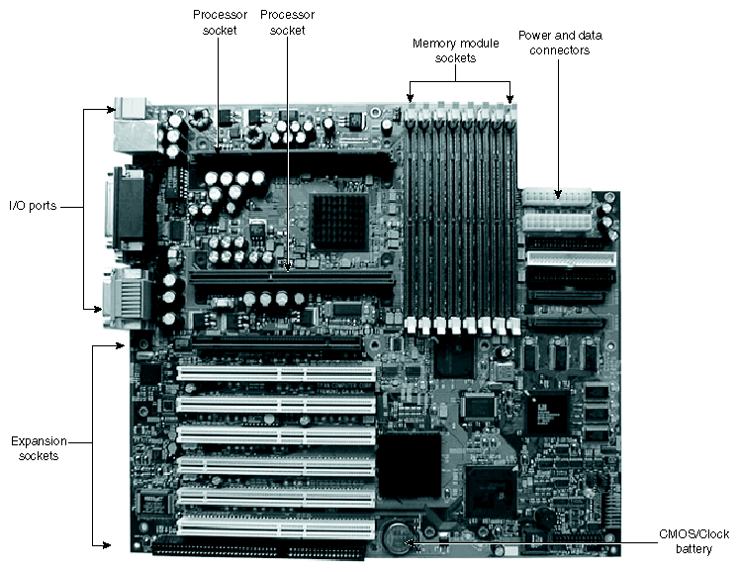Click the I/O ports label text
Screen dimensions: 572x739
click(x=33, y=206)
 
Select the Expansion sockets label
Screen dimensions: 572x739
click(x=35, y=447)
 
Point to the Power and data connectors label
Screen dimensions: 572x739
click(x=560, y=43)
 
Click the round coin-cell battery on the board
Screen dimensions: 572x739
click(x=398, y=537)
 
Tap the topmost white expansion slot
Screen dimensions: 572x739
click(x=276, y=375)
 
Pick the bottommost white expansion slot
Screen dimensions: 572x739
click(x=276, y=524)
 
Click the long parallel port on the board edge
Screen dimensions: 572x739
click(x=128, y=212)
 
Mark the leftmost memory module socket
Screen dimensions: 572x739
click(x=411, y=218)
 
